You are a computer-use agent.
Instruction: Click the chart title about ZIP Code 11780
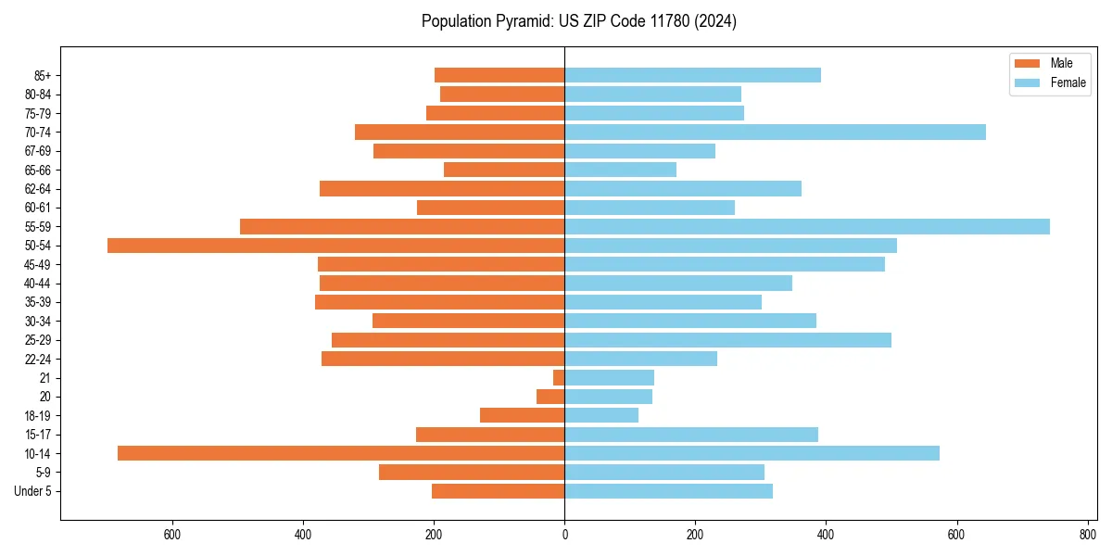point(578,21)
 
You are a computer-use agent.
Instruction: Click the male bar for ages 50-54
point(335,246)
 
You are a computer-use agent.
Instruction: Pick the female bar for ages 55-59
point(806,226)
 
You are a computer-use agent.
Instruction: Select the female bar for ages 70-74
point(775,132)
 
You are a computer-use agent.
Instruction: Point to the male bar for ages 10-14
point(341,453)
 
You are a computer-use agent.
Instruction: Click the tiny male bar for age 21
point(559,378)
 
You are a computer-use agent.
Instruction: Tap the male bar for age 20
point(550,397)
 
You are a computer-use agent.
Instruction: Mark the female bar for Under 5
point(668,491)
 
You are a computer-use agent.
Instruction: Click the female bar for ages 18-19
point(601,415)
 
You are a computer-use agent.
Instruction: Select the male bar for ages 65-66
point(504,170)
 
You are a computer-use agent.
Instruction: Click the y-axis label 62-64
point(38,189)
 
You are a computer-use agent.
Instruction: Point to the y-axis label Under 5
point(32,491)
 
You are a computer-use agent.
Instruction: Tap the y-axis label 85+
point(42,75)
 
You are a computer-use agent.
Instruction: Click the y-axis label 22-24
point(38,359)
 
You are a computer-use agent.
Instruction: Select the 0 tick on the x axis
point(564,535)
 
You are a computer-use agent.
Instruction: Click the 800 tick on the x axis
point(1087,535)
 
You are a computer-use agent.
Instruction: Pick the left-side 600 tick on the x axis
point(171,535)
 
